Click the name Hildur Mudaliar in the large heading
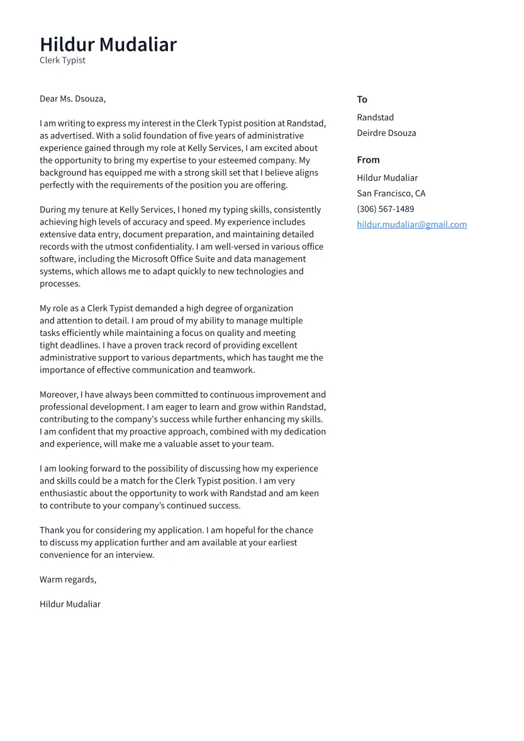pyautogui.click(x=108, y=45)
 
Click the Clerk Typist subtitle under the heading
pyautogui.click(x=62, y=60)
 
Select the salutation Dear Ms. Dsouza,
pyautogui.click(x=72, y=99)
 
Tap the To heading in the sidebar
pyautogui.click(x=362, y=99)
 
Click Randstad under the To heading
pyautogui.click(x=375, y=118)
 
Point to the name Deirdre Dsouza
pyautogui.click(x=386, y=133)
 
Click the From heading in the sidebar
pyautogui.click(x=368, y=160)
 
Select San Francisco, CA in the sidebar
pyautogui.click(x=391, y=194)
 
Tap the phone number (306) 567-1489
pyautogui.click(x=385, y=209)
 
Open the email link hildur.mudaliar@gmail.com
pyautogui.click(x=411, y=225)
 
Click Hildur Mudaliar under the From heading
pyautogui.click(x=387, y=178)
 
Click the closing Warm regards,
pyautogui.click(x=68, y=579)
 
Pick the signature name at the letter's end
pyautogui.click(x=70, y=604)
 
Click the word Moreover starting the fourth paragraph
pyautogui.click(x=59, y=395)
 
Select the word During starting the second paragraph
pyautogui.click(x=53, y=209)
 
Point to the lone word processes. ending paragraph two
pyautogui.click(x=60, y=284)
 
